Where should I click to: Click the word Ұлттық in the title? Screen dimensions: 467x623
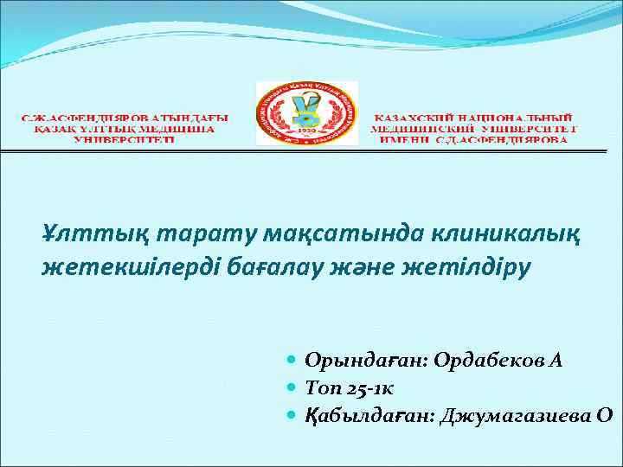pos(79,233)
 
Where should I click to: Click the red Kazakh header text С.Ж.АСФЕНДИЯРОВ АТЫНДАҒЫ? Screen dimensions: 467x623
pos(125,116)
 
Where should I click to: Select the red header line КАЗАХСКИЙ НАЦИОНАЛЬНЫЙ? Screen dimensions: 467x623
pos(477,116)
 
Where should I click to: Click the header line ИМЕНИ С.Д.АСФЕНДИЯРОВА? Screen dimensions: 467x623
pos(477,138)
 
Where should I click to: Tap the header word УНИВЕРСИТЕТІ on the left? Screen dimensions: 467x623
pos(125,138)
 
